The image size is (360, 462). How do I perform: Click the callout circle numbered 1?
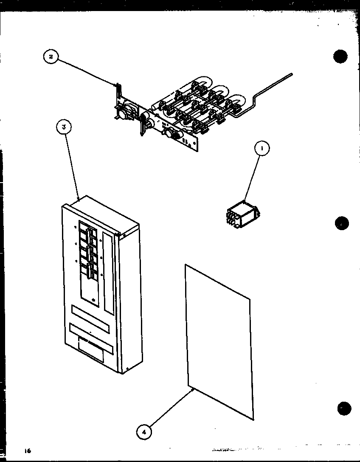point(262,149)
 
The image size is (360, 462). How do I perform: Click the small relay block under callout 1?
point(242,213)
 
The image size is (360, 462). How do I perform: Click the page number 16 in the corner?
point(28,450)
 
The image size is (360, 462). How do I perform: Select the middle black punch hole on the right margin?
point(342,223)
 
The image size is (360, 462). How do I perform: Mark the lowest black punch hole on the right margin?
point(344,408)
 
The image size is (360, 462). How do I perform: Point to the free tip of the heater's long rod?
point(291,75)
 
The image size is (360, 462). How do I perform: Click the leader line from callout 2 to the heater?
point(85,72)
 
